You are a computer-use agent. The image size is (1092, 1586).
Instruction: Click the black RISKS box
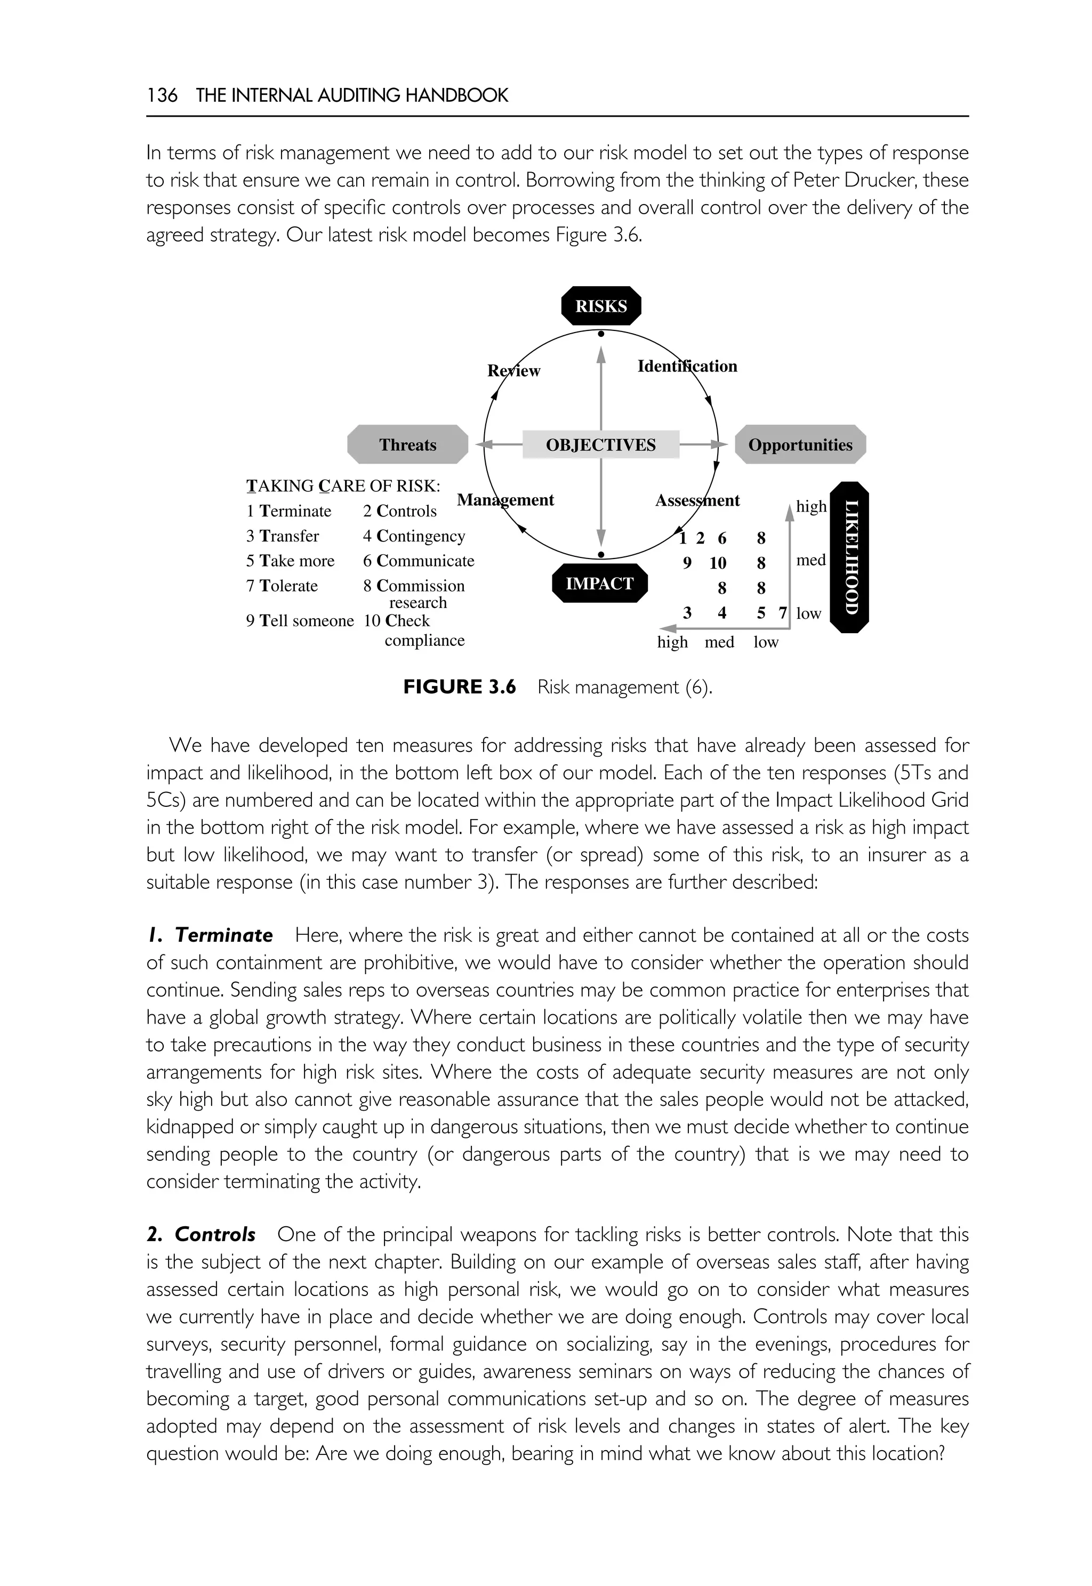[x=601, y=306]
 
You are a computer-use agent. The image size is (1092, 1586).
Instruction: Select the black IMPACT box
[x=599, y=584]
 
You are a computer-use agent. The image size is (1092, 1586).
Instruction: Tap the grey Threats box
[x=408, y=444]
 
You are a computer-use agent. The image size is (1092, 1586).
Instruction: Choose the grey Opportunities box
[x=800, y=444]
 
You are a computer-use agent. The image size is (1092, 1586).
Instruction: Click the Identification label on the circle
[x=687, y=366]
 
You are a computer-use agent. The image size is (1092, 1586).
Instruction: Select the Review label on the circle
[x=513, y=371]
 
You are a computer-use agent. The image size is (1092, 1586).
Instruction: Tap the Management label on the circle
[x=505, y=500]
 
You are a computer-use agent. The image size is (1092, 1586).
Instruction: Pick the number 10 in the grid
[x=717, y=563]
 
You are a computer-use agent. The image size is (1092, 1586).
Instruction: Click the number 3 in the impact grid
[x=687, y=613]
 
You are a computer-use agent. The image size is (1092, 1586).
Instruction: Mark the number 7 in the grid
[x=783, y=613]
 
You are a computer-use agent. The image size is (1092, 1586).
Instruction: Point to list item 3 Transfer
[x=283, y=536]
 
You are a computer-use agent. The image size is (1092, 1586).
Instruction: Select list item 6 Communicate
[x=418, y=561]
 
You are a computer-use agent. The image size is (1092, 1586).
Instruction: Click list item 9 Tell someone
[x=300, y=620]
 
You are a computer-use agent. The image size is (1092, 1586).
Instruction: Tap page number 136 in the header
[x=162, y=95]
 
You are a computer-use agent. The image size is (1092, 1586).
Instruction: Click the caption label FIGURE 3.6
[x=459, y=686]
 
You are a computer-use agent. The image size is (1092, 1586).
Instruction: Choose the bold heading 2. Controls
[x=201, y=1234]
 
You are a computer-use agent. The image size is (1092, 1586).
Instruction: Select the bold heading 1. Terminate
[x=210, y=935]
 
